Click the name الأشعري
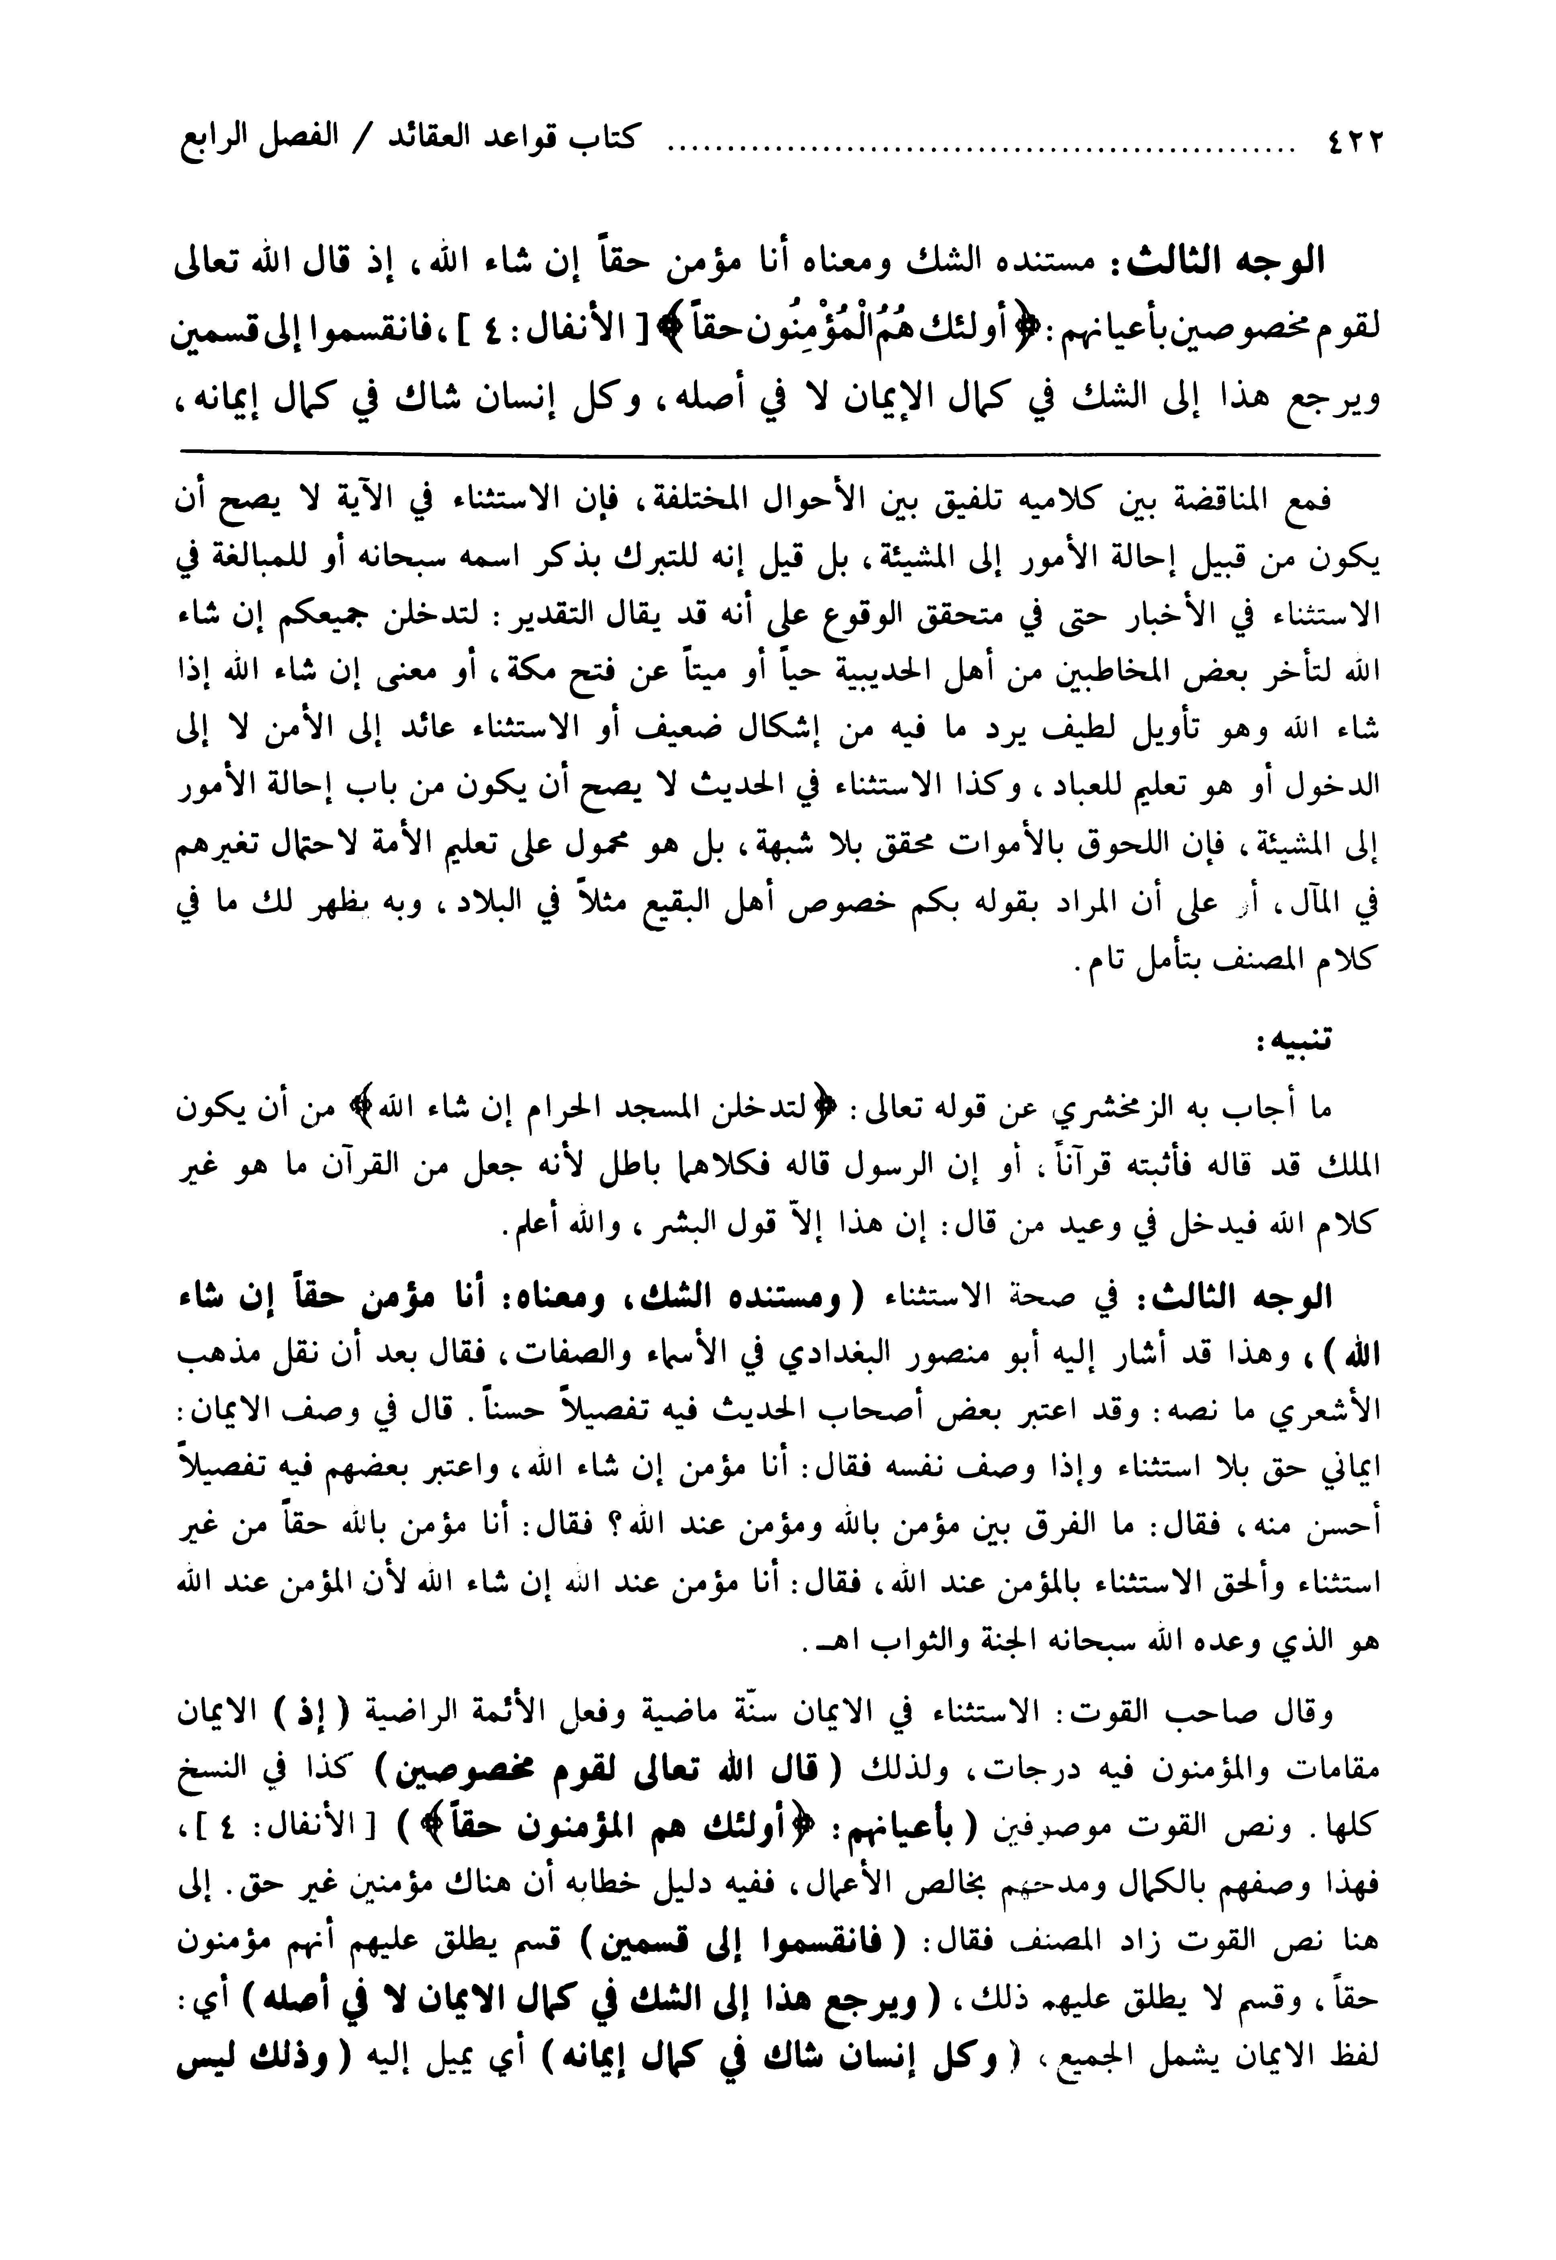coord(1332,1408)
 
